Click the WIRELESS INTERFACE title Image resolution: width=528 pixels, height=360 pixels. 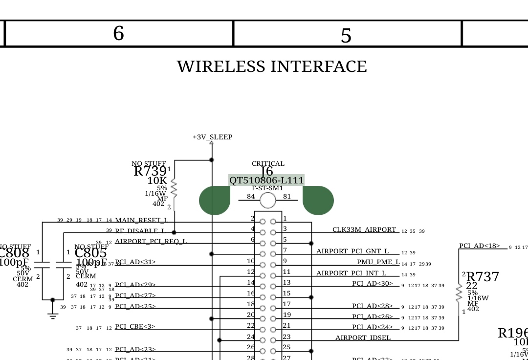(272, 67)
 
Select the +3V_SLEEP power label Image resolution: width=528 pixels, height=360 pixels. (212, 137)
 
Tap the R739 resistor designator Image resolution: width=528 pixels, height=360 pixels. (150, 172)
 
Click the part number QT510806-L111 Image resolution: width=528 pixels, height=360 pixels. (266, 180)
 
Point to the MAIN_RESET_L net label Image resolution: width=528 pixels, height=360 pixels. (141, 221)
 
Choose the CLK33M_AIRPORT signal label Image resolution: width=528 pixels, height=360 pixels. (364, 230)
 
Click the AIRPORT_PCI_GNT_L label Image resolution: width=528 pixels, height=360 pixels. (352, 251)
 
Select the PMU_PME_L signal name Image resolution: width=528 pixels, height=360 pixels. (378, 262)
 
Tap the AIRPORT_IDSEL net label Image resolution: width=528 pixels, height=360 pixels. (363, 338)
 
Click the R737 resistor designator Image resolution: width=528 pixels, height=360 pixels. (483, 277)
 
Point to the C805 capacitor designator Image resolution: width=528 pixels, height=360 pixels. (90, 253)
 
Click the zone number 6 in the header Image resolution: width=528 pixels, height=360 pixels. (118, 34)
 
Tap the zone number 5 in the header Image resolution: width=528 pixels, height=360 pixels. (346, 36)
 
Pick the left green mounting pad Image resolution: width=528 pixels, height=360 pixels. (215, 200)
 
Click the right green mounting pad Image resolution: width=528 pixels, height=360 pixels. (318, 200)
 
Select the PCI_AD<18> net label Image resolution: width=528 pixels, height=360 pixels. (479, 246)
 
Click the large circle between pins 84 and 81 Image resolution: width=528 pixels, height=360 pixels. (268, 200)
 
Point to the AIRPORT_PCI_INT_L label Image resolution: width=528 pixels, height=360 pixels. (351, 273)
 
